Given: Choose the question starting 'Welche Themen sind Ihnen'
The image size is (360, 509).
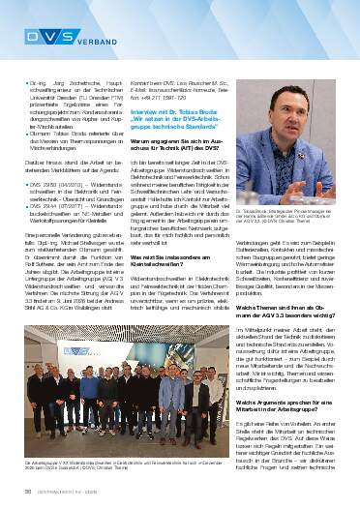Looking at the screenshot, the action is point(285,313).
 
